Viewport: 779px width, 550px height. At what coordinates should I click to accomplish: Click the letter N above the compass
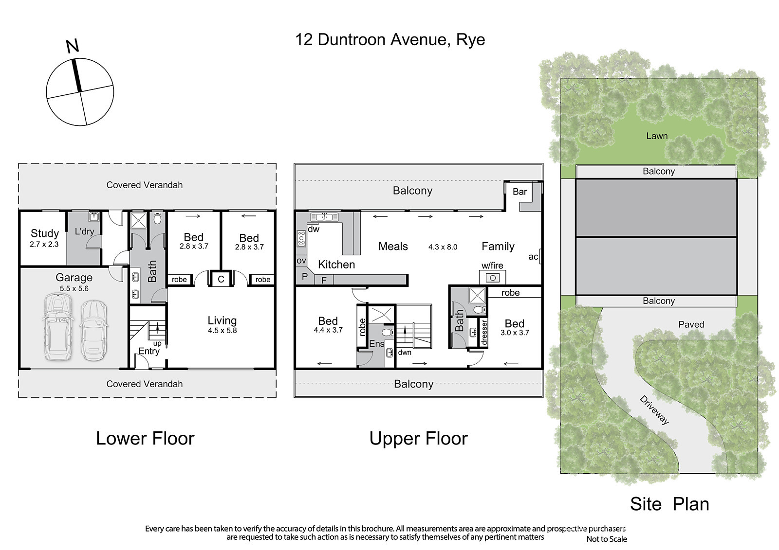pos(73,46)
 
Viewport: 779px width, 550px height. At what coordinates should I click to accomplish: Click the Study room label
pos(45,233)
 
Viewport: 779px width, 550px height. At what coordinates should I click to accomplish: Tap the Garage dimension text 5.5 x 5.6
pos(74,288)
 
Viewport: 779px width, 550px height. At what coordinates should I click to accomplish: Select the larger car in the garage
pos(58,327)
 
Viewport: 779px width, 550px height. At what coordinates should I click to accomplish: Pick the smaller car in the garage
pos(93,330)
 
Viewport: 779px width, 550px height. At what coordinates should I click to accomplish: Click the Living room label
pos(222,320)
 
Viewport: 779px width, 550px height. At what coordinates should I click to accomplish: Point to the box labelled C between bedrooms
pos(221,279)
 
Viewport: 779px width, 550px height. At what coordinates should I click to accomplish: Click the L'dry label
pos(85,231)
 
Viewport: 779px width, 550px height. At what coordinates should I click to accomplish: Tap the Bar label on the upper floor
pos(520,192)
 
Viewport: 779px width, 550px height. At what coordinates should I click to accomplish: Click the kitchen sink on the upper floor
pos(324,217)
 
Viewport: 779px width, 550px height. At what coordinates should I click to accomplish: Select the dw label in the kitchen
pos(314,229)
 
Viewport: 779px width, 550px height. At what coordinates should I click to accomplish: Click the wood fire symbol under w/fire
pos(492,278)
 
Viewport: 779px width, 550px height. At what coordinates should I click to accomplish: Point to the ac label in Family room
pos(533,257)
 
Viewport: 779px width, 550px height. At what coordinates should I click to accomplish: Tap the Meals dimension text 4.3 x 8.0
pos(443,247)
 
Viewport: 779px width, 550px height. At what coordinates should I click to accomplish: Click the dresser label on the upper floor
pos(484,333)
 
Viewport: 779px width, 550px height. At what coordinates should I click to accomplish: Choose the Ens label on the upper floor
pos(377,344)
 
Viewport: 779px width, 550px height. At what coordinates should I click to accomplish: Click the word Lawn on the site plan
pos(657,136)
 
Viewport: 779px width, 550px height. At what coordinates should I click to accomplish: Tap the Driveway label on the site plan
pos(654,410)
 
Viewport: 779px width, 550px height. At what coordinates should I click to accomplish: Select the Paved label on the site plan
pos(691,324)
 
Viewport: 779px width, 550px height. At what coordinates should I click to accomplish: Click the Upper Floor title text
pos(418,439)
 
